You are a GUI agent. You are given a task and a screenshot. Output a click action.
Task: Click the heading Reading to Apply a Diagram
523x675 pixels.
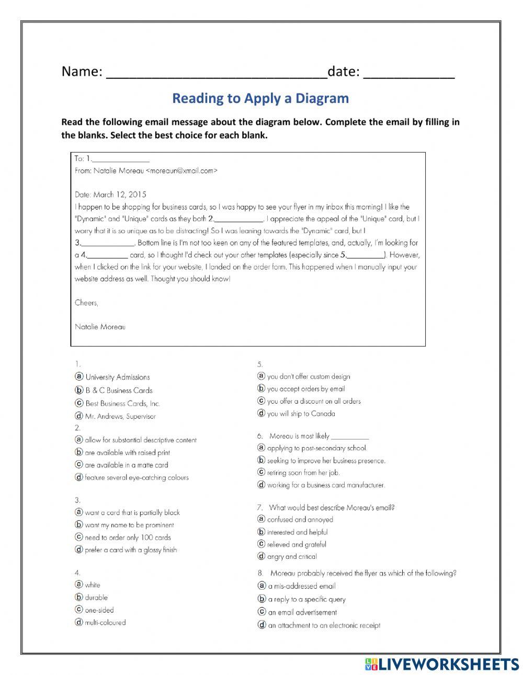click(260, 98)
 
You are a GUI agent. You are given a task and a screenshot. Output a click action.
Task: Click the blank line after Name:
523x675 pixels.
click(216, 73)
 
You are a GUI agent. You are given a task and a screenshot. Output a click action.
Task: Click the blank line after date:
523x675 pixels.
click(408, 73)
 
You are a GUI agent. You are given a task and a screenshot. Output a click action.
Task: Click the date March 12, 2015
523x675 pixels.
click(120, 195)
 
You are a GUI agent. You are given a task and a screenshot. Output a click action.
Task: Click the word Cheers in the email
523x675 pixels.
click(86, 303)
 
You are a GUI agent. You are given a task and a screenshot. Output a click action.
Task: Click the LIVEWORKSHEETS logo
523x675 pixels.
click(442, 664)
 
